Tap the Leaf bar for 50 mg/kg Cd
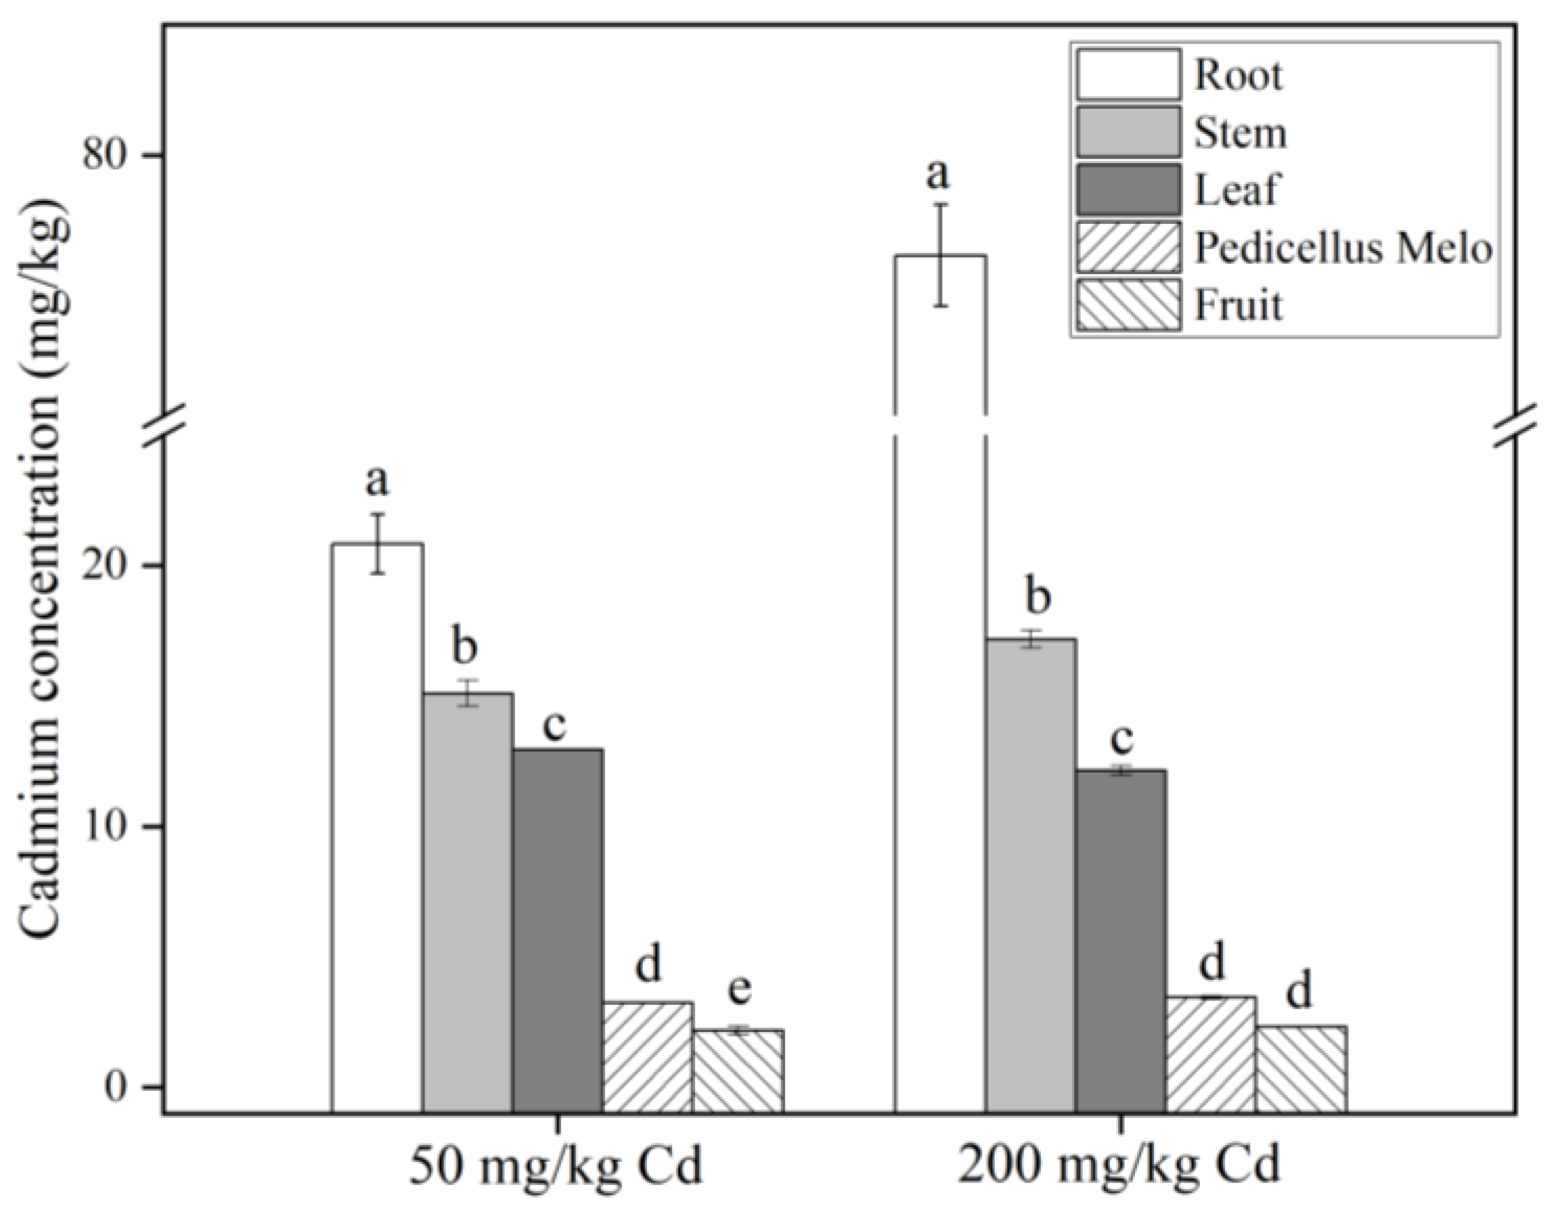[558, 929]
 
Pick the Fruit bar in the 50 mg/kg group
[738, 1070]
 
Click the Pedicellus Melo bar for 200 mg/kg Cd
[1210, 1054]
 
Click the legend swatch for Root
[1129, 74]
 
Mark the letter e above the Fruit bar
[739, 990]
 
